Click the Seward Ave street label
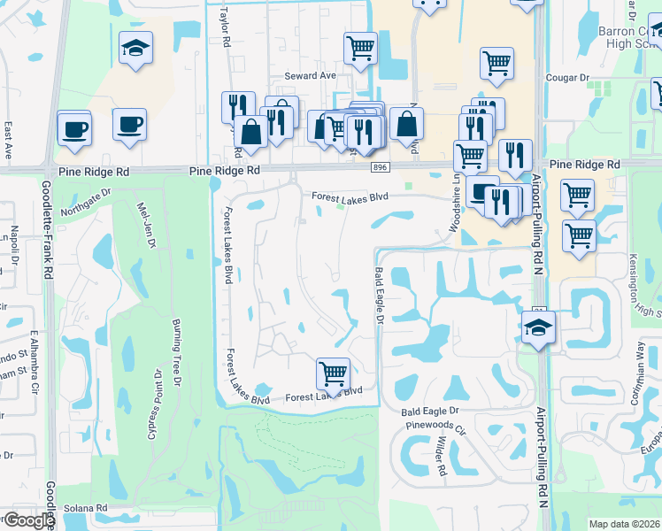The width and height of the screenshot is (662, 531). point(310,76)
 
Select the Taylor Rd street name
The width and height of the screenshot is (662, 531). point(226,28)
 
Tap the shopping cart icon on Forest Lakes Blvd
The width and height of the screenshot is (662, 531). point(333,373)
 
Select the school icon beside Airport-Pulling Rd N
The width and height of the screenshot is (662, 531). point(537,327)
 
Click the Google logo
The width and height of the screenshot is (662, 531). point(28,520)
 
